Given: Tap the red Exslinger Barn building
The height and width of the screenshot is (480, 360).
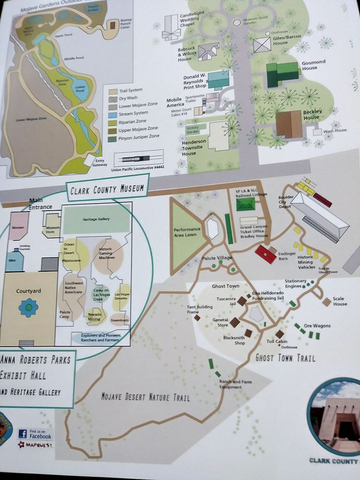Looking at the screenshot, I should [x=265, y=254].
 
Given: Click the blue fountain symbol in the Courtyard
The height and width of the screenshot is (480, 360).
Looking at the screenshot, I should [x=28, y=307].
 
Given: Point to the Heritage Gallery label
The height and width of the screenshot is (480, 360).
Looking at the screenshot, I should [x=96, y=219].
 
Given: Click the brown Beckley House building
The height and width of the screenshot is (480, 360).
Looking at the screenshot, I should [x=289, y=123].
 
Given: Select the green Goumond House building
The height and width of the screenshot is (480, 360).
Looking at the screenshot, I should [x=282, y=74].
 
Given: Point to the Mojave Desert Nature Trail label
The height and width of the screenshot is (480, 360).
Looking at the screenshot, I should [x=145, y=397].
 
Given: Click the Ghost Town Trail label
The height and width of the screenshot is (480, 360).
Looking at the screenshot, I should [x=285, y=358].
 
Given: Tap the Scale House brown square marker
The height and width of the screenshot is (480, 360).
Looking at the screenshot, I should [x=326, y=301].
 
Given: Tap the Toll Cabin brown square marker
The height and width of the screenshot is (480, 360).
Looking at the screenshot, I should [x=280, y=334].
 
